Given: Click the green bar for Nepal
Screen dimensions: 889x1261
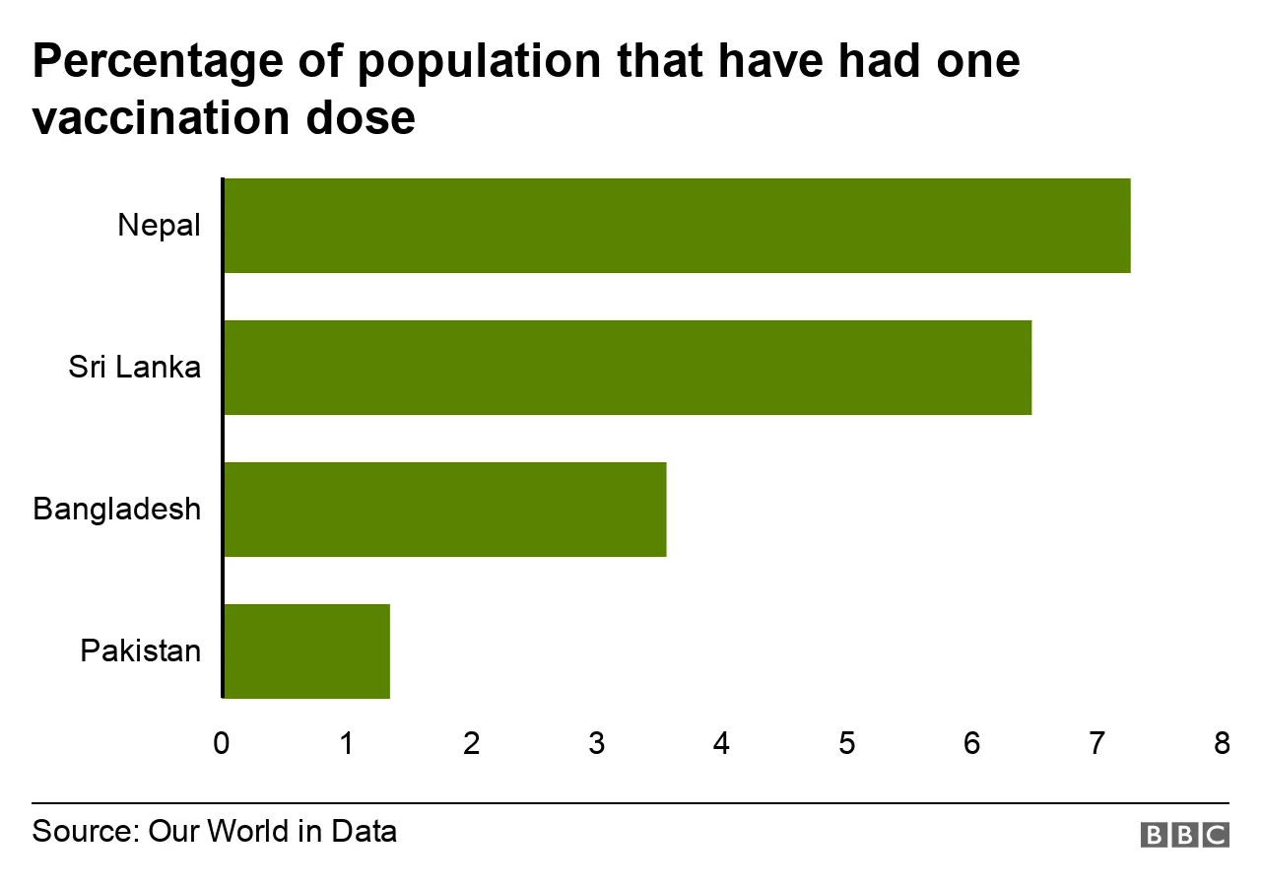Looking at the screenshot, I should point(677,226).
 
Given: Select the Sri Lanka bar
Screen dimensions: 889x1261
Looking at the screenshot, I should point(628,368).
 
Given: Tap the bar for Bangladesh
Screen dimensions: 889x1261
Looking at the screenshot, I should point(445,510).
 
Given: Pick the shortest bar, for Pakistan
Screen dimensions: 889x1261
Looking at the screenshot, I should point(307,651).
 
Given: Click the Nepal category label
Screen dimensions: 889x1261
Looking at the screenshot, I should point(159,226).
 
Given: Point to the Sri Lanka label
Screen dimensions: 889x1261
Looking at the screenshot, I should point(134,368).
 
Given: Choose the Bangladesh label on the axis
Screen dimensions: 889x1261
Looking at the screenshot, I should point(116,510).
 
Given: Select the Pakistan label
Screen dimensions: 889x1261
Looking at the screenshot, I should point(141,651).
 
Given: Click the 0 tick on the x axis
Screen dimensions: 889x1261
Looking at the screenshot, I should point(222,744).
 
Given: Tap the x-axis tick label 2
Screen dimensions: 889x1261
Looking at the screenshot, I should point(472,744).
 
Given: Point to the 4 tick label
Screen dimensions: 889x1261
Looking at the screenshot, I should point(722,744).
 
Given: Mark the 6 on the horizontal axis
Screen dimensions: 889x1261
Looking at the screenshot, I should point(972,744).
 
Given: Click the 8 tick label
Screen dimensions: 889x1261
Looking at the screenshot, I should point(1222,744).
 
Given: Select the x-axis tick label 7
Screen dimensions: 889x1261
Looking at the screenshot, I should point(1096,744).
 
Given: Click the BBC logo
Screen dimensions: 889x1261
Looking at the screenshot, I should point(1184,835).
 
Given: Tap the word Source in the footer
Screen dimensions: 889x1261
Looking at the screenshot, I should point(81,831).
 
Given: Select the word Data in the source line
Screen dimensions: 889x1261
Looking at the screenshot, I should point(364,831).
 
